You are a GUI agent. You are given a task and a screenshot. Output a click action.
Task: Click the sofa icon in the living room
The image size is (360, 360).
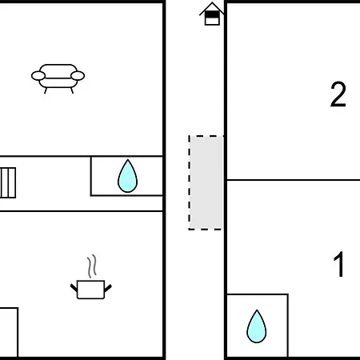coord(58,78)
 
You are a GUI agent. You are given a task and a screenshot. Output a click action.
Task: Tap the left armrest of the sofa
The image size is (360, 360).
coord(38,76)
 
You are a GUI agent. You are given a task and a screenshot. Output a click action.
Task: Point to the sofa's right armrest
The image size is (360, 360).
coord(78,76)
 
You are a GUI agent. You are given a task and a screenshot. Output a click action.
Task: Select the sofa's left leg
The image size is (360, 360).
coord(46,90)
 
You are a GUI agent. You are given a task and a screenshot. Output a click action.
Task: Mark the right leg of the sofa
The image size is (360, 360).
coord(72,90)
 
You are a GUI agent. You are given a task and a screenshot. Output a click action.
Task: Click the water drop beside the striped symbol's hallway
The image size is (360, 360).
coord(127,176)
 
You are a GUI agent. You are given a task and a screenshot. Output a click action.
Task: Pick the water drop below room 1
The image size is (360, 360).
coord(257,326)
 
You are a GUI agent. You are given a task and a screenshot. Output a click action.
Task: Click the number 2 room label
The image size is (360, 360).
coord(338,94)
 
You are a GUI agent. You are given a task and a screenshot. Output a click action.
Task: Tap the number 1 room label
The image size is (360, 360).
coord(339,264)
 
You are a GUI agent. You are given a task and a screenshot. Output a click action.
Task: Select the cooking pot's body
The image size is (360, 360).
coord(90,290)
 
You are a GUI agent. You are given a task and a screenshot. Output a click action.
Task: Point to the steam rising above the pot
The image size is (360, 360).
coord(92,266)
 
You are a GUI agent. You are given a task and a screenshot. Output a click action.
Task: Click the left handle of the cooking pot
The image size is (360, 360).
coord(74,288)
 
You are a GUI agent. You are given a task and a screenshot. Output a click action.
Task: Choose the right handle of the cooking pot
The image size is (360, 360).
coord(108,288)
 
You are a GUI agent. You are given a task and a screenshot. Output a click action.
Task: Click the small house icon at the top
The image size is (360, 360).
coord(212,14)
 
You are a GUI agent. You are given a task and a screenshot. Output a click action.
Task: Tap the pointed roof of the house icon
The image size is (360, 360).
coord(212,8)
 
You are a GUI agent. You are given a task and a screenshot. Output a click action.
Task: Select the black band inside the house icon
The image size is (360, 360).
coord(212,14)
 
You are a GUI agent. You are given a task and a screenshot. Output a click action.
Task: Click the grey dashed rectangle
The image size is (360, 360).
coord(206,182)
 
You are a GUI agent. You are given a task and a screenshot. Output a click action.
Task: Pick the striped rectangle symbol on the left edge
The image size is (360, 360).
coord(8,182)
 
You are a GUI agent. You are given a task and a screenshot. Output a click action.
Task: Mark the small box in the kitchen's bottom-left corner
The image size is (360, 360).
coord(9,332)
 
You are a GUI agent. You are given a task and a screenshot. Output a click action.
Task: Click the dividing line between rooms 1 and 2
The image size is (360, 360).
coord(294,180)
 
